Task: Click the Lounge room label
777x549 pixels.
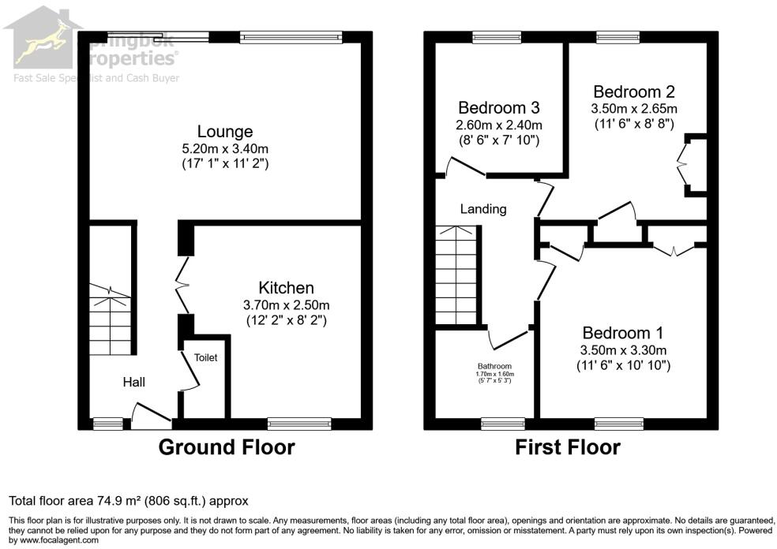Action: [225, 132]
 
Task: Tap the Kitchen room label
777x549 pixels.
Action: [287, 288]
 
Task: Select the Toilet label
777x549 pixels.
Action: [205, 357]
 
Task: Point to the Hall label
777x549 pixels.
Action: [133, 383]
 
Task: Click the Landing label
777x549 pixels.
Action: [483, 209]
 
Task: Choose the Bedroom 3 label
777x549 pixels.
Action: [498, 108]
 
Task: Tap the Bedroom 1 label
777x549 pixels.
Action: [623, 333]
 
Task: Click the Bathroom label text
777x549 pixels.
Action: [494, 366]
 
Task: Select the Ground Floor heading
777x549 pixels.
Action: [227, 448]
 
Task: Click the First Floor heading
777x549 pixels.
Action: [568, 448]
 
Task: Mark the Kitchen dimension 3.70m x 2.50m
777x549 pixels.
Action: [287, 304]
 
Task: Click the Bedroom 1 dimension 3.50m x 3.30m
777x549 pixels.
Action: [623, 349]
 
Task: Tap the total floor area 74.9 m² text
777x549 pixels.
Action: [128, 500]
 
